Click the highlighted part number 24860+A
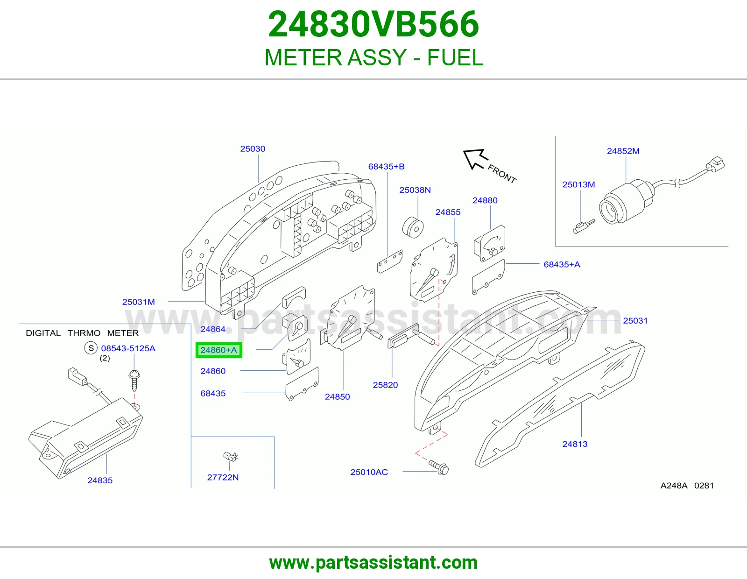tap(218, 350)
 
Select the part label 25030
tap(253, 149)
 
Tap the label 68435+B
tap(387, 166)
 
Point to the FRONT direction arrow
tap(475, 159)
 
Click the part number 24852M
tap(623, 151)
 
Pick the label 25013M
tap(578, 184)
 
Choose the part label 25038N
tap(415, 190)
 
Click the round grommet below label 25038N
tap(413, 227)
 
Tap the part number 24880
tap(485, 200)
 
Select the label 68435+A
tap(562, 264)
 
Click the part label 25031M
tap(139, 302)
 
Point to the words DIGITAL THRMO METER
tap(82, 333)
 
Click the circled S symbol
tap(91, 348)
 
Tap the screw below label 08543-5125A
tap(134, 380)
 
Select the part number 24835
tap(100, 480)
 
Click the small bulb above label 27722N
tap(231, 457)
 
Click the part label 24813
tap(575, 444)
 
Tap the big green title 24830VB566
tap(373, 24)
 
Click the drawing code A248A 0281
tap(687, 486)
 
